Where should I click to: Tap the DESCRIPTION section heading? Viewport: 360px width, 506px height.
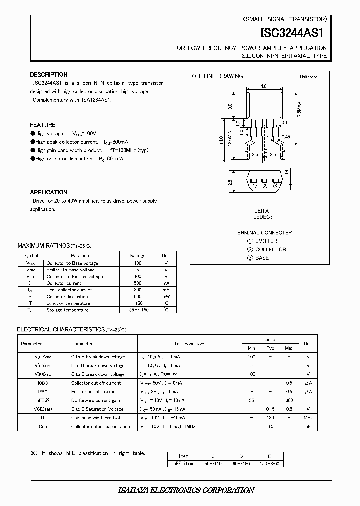[49, 75]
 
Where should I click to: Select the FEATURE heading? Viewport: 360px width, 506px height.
[43, 125]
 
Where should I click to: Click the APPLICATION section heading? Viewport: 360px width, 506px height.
[48, 192]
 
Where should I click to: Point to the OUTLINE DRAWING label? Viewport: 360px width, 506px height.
[218, 76]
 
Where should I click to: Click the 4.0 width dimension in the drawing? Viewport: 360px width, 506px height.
[263, 86]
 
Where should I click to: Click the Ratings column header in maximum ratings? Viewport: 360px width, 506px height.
[137, 255]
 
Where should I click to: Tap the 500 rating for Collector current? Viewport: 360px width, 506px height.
[137, 283]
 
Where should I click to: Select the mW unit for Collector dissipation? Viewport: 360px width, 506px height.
[166, 296]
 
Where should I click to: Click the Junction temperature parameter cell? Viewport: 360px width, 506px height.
[68, 303]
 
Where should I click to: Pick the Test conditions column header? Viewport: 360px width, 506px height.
[189, 344]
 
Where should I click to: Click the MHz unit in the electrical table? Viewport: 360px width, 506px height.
[308, 418]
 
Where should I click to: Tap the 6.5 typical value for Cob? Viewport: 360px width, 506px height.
[270, 426]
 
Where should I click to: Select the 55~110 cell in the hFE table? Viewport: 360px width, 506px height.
[213, 464]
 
